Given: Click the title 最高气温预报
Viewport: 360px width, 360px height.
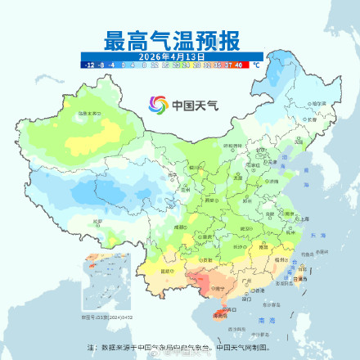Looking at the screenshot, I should point(172,38).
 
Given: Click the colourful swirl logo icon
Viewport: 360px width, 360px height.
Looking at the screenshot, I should point(158,105).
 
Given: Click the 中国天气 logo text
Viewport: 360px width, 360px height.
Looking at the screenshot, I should point(191,106).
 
